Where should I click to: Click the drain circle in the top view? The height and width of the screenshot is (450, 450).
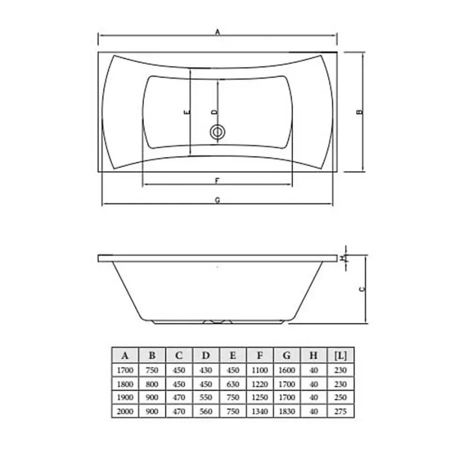click(x=217, y=132)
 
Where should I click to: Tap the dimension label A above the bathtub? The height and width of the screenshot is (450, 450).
click(x=218, y=32)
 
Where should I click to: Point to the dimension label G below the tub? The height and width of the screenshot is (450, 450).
click(x=218, y=200)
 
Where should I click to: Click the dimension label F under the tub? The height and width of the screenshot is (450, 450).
click(x=217, y=181)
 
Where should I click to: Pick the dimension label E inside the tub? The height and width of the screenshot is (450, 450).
click(x=187, y=112)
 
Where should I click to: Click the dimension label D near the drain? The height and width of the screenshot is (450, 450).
click(x=214, y=112)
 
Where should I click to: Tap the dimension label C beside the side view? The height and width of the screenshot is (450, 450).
click(x=362, y=289)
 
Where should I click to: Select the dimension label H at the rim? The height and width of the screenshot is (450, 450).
click(x=342, y=258)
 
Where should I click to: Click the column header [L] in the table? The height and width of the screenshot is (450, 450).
click(x=341, y=355)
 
